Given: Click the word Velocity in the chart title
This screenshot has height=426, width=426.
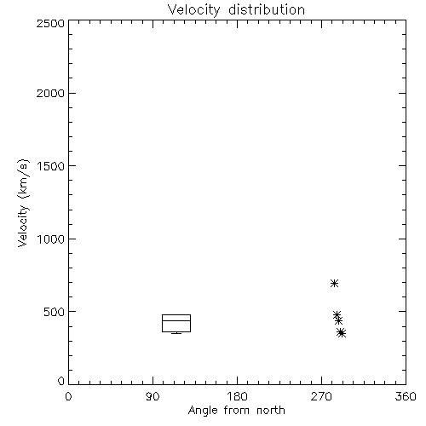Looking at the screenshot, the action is point(194,10).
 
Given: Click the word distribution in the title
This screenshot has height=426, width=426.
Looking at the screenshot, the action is point(267,9).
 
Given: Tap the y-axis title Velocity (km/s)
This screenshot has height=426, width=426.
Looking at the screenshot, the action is point(23,203).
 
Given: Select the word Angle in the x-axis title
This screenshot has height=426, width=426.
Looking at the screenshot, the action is point(203,411).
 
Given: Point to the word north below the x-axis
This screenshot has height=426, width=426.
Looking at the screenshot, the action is point(271,410).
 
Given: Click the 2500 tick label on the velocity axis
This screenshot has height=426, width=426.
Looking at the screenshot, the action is point(50,23).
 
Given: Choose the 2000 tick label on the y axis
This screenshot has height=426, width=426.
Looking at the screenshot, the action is point(50,93).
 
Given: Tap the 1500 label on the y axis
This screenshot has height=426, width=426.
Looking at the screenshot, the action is point(51,166).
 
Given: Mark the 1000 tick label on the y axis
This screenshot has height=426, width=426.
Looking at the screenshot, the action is point(51,239).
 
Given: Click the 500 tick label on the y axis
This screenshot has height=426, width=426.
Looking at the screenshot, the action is point(55,312).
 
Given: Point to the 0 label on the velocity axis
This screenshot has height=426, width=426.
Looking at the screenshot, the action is point(61,381).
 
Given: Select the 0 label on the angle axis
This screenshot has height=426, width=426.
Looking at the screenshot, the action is point(68,396).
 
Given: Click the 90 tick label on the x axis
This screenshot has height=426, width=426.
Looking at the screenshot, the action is point(153,396).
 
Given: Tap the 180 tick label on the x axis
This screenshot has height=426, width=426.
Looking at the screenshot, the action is point(237,396).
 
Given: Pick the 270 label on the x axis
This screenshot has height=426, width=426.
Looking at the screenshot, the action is point(321,396).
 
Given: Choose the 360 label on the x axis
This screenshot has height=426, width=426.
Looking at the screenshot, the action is point(406,396).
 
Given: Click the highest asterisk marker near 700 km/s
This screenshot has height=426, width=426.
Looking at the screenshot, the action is point(334,283).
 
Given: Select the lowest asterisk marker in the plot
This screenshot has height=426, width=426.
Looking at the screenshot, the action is point(342,333).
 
